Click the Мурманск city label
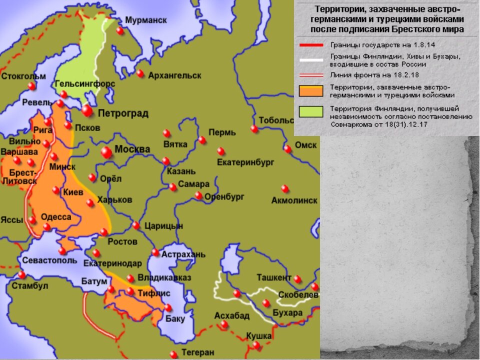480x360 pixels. (146, 20)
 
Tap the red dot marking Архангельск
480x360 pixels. (140, 73)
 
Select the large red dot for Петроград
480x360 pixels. (88, 110)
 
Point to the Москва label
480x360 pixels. (132, 149)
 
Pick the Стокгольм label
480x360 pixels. (23, 76)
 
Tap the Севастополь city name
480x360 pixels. (49, 260)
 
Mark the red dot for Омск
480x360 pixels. (287, 148)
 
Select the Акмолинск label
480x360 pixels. (294, 200)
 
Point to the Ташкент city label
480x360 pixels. (273, 277)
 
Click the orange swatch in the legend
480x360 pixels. (311, 90)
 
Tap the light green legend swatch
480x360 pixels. (311, 111)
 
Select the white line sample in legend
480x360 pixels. (311, 59)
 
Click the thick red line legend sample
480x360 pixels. (311, 45)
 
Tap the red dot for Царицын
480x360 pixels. (136, 225)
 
